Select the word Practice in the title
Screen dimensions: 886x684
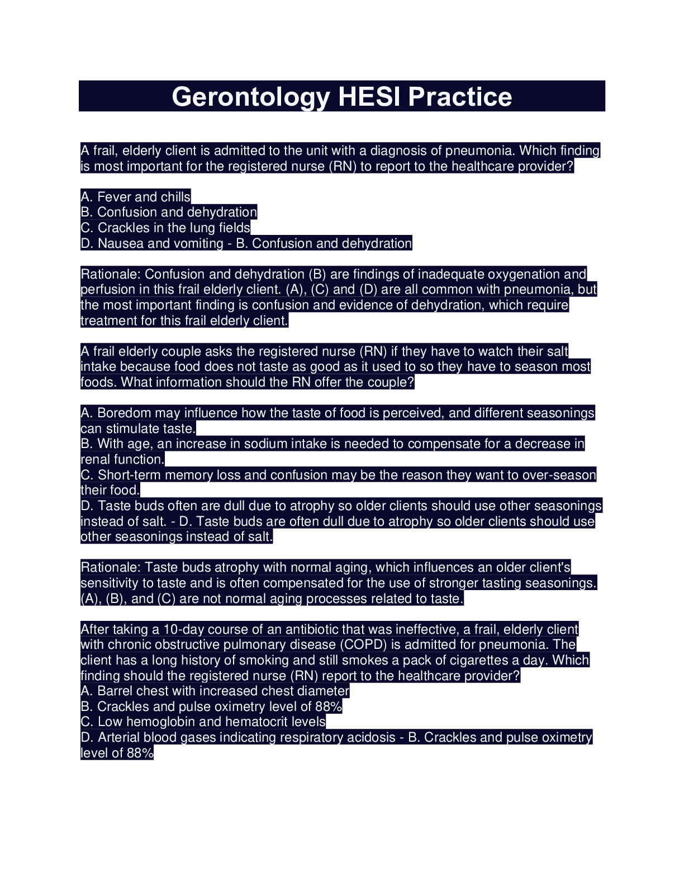point(459,97)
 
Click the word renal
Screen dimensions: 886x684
point(96,460)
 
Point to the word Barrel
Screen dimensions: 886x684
point(115,691)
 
